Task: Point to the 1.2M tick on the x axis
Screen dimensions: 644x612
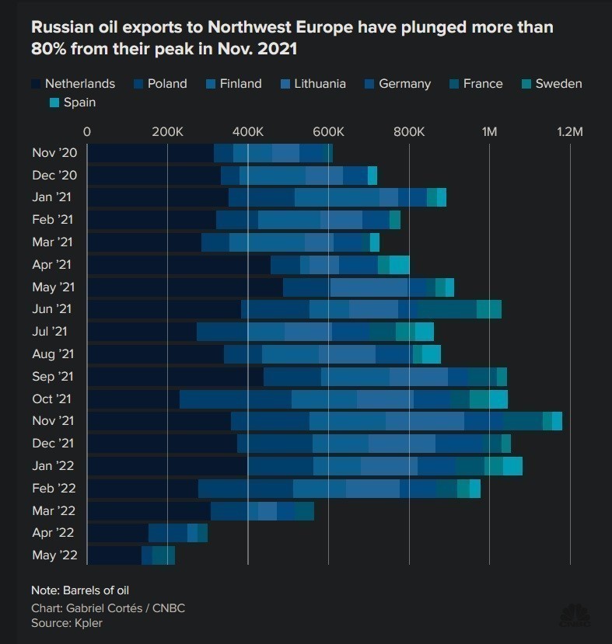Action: [569, 132]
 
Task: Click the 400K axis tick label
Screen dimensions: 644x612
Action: [247, 132]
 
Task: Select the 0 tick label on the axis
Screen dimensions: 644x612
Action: [86, 132]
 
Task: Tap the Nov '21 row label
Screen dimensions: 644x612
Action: [52, 421]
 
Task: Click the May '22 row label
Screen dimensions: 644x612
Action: [54, 555]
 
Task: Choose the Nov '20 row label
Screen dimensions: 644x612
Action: [54, 153]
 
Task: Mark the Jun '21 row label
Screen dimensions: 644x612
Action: [52, 309]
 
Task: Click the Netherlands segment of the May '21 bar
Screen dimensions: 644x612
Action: [184, 287]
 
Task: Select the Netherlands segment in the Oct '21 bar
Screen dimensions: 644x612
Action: [133, 399]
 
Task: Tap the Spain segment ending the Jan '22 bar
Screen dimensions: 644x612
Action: [512, 466]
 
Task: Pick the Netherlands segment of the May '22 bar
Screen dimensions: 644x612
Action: [114, 555]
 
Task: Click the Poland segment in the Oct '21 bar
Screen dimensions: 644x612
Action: [235, 399]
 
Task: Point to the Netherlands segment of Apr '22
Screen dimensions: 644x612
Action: [117, 533]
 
